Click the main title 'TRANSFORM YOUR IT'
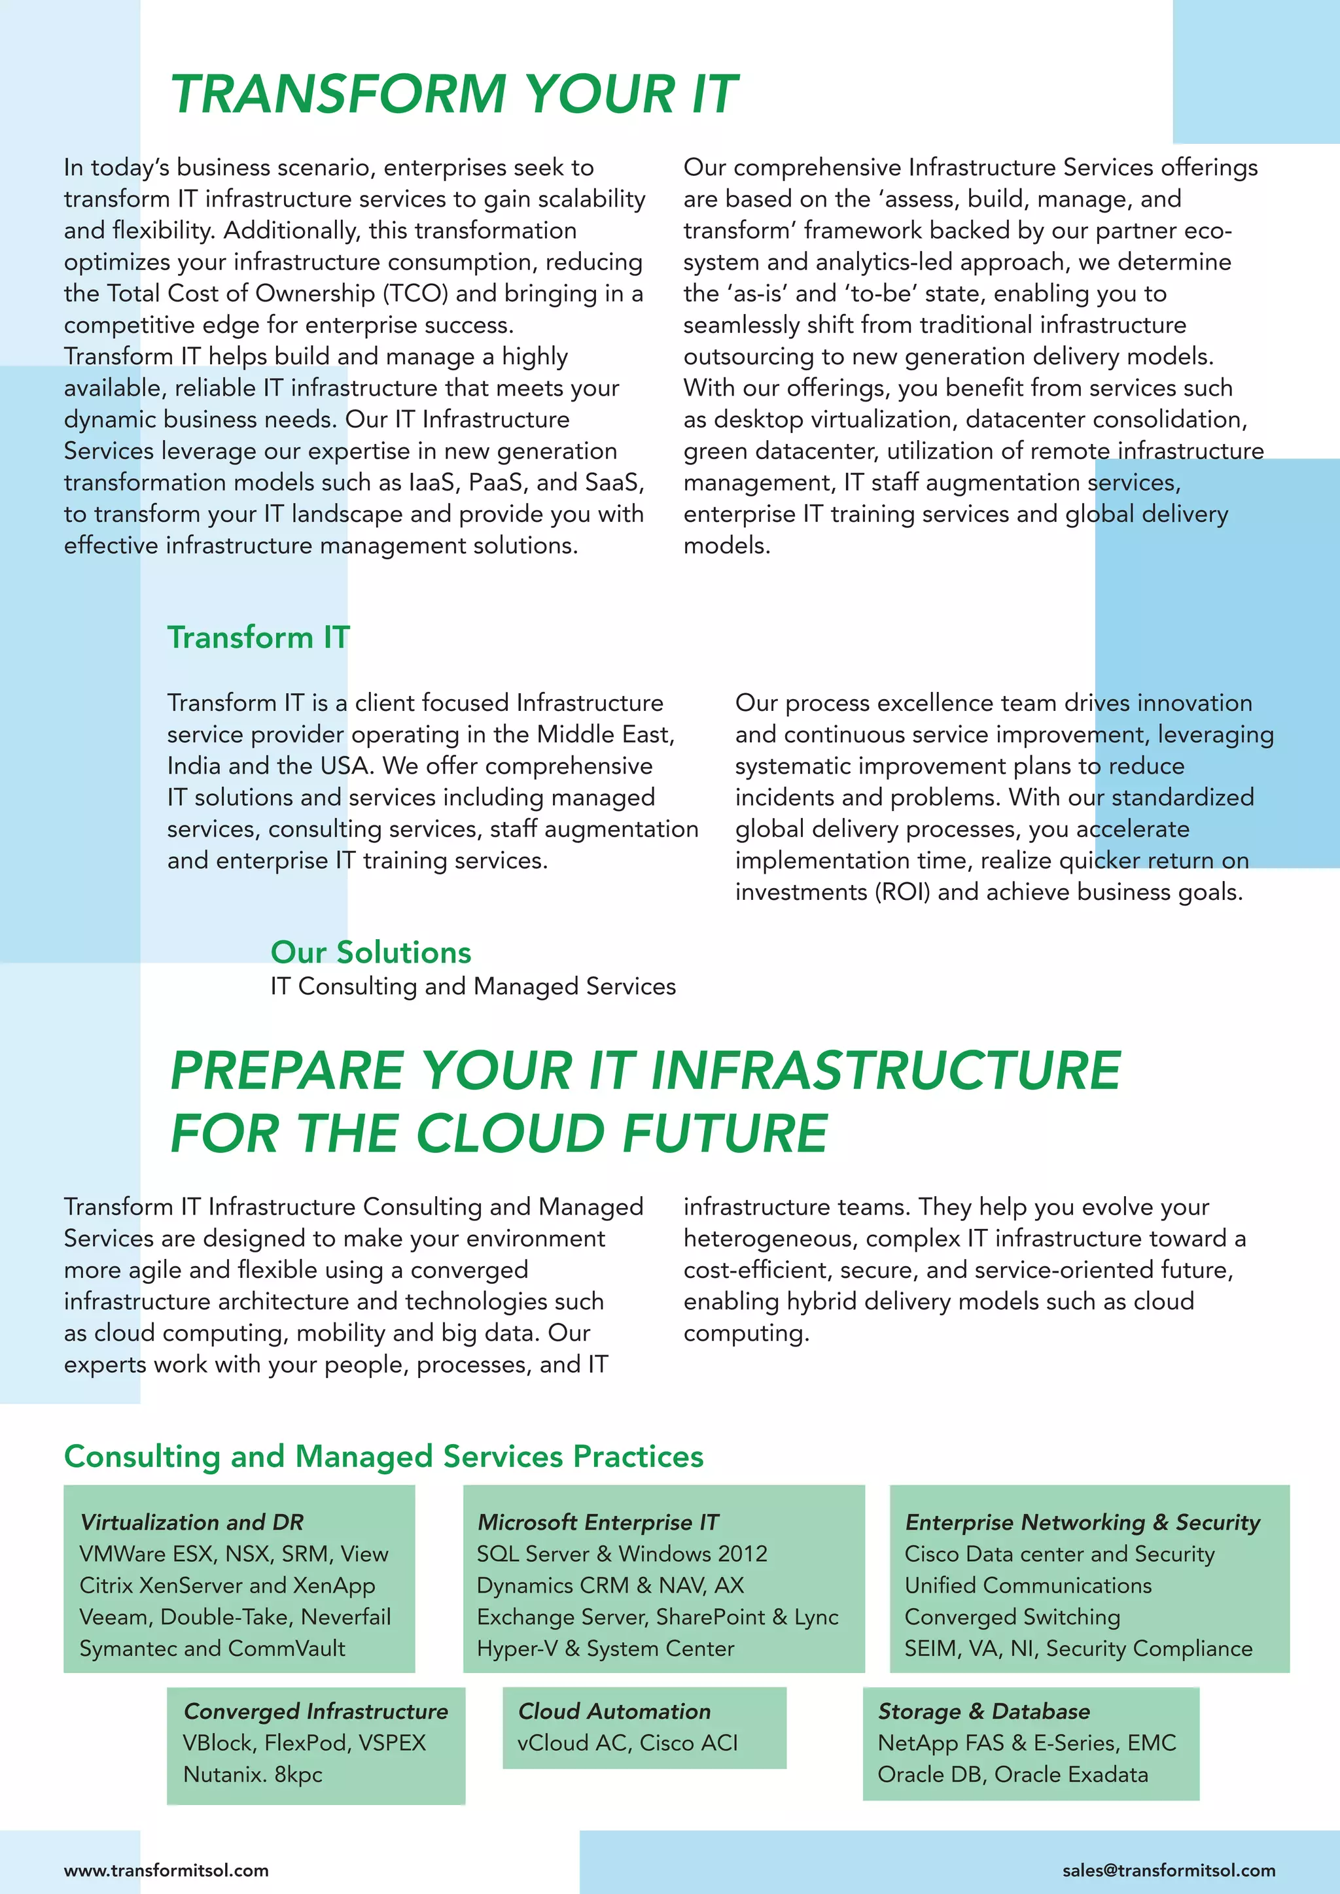(x=454, y=94)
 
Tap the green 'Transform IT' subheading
(x=258, y=637)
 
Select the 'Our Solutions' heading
(x=370, y=952)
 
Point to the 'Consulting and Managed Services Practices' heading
(x=383, y=1456)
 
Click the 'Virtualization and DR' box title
(x=192, y=1522)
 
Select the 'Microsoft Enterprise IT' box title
(x=598, y=1522)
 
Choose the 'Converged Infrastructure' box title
(x=315, y=1711)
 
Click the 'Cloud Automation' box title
(x=614, y=1711)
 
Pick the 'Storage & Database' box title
(x=983, y=1711)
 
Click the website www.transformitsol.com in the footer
(x=166, y=1870)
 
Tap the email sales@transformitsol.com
(x=1169, y=1870)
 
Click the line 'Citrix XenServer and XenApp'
(x=227, y=1585)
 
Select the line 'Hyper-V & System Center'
(x=605, y=1648)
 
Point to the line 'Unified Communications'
(x=1027, y=1585)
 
